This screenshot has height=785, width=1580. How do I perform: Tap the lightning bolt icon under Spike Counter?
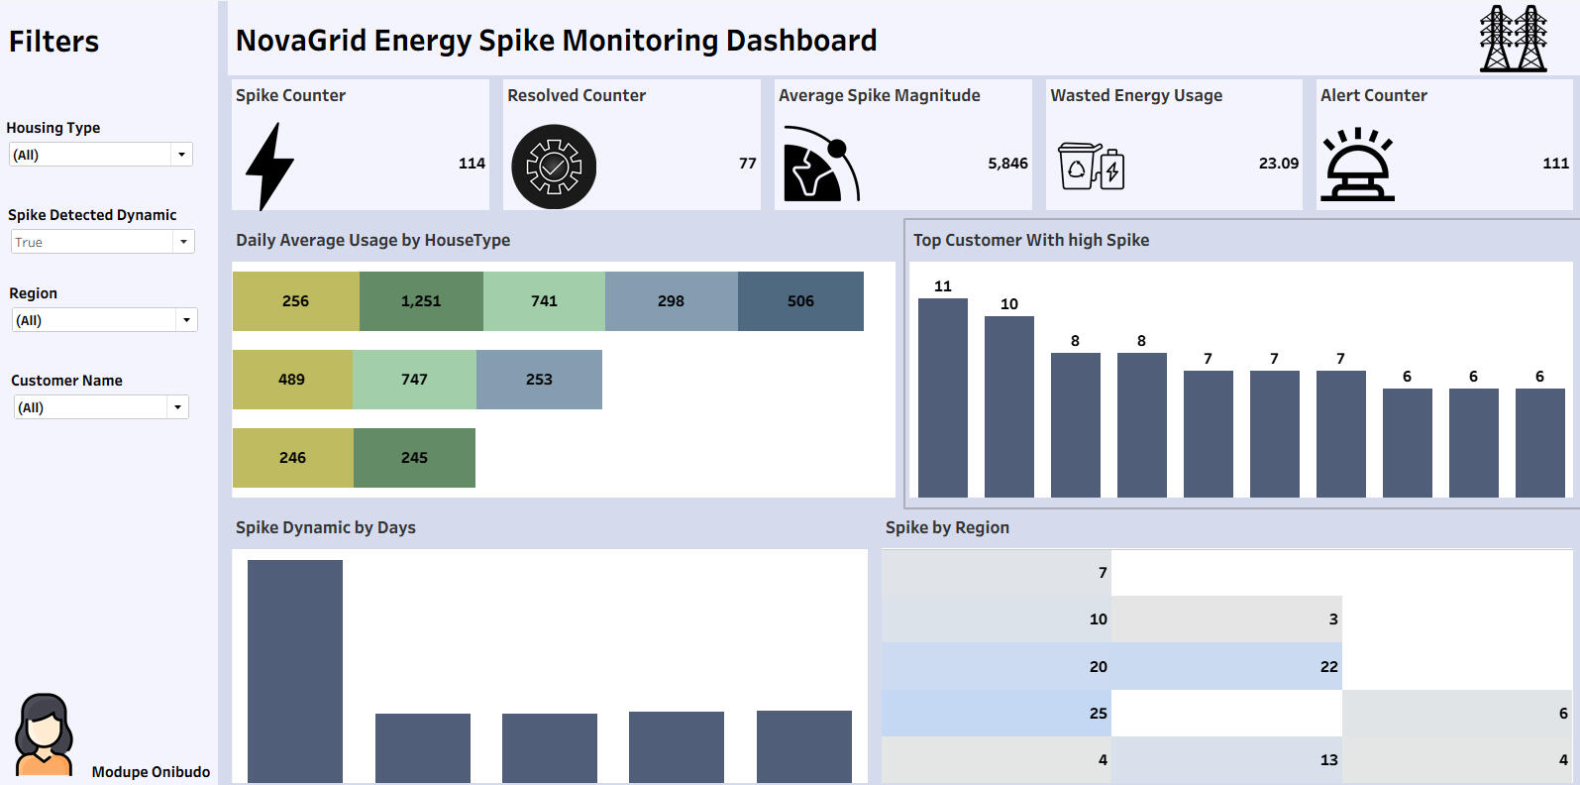(268, 167)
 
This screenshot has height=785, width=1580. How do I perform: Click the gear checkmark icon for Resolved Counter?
(554, 167)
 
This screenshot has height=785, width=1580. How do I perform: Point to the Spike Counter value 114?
(472, 164)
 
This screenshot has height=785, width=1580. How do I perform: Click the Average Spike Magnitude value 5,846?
(1007, 164)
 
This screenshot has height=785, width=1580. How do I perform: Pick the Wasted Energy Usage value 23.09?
(1278, 164)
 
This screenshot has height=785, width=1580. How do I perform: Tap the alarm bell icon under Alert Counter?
(1357, 166)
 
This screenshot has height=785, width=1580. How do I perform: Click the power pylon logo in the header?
(1513, 39)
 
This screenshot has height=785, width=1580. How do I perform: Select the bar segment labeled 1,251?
(421, 301)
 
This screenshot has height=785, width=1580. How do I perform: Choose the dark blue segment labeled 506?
(800, 301)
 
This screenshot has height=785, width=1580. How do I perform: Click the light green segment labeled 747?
(414, 380)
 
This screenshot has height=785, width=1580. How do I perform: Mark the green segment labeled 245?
(414, 458)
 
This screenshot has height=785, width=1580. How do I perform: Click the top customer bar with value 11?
(943, 396)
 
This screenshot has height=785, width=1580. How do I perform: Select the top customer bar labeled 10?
(1009, 406)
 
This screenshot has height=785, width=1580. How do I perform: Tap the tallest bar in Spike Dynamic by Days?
(295, 670)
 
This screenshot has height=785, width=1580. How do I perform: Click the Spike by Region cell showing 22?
(1226, 667)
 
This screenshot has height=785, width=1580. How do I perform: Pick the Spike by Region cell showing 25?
(997, 714)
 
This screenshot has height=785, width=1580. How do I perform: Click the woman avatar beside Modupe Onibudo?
(44, 734)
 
